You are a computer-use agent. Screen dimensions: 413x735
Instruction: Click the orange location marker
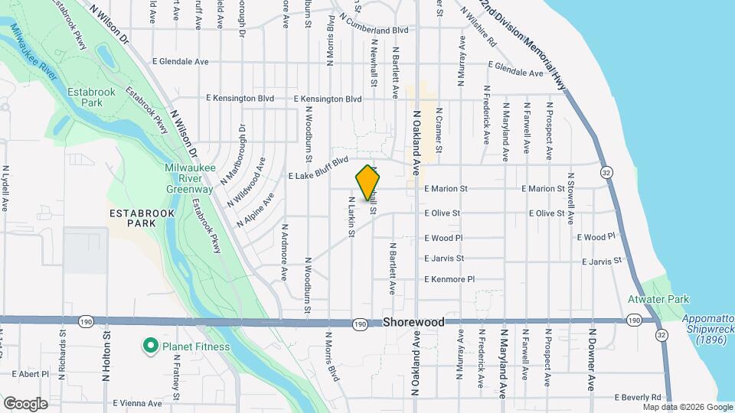(367, 182)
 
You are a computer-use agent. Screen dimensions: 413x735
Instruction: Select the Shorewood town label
(413, 323)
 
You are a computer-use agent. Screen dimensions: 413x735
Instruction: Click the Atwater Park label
(658, 300)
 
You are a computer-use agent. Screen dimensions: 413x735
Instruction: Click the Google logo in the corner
(25, 403)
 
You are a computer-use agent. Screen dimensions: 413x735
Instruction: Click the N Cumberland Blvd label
(375, 30)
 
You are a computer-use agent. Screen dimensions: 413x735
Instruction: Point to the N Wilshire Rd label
(480, 30)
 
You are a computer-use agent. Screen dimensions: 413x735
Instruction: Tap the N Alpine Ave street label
(256, 212)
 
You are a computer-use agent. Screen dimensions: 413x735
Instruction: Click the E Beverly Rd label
(638, 398)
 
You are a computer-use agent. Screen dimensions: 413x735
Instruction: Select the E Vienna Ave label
(137, 403)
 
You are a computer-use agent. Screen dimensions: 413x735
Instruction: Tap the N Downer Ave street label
(592, 359)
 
